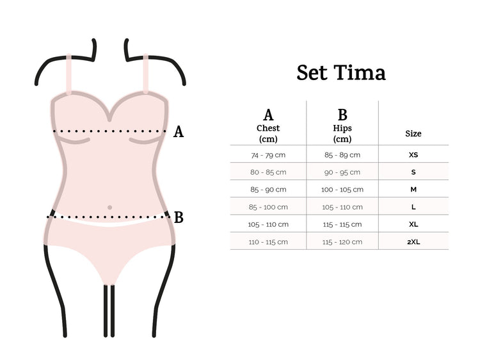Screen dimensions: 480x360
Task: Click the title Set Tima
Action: [341, 73]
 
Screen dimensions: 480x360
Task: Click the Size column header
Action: [413, 134]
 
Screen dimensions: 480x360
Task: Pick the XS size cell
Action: [413, 155]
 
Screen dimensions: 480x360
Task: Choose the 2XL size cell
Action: [413, 241]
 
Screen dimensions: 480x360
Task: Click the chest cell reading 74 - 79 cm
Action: [268, 155]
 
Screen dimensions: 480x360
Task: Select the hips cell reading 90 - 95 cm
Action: [342, 172]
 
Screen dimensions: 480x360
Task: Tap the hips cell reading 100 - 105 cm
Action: [342, 190]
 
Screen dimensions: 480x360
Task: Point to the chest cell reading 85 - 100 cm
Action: [268, 207]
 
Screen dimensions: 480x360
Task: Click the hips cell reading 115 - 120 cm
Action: [342, 241]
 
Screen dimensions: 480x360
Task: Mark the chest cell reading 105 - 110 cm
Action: [268, 224]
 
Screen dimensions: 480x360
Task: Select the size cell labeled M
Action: [413, 190]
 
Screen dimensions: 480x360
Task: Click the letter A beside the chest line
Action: [179, 132]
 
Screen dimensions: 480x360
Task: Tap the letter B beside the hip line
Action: [179, 218]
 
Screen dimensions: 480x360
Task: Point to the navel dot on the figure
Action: [110, 208]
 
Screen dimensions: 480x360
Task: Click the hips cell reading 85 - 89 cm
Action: [342, 155]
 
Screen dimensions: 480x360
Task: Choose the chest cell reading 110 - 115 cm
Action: [268, 241]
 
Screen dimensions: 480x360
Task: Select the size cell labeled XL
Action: [413, 224]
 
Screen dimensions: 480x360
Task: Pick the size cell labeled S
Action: [413, 172]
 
